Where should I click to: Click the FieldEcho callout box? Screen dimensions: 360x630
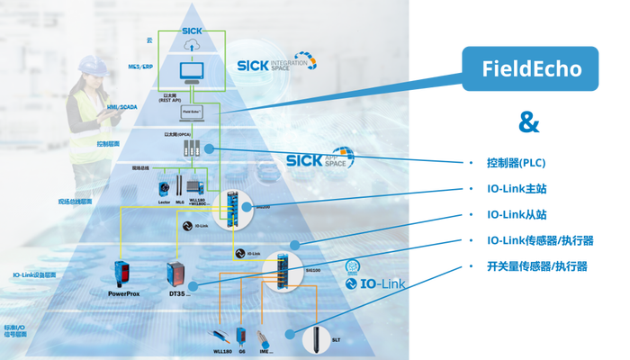(529, 67)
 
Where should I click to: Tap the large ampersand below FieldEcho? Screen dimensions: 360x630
(529, 124)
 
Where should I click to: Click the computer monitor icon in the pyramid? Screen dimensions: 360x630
(193, 72)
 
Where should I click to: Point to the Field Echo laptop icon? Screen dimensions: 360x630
(192, 112)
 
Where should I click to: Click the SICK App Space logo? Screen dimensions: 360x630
(319, 159)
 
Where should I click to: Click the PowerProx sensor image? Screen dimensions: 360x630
(123, 271)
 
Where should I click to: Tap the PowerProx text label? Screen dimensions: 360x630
(124, 292)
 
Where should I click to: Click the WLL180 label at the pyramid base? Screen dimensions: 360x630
(220, 351)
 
